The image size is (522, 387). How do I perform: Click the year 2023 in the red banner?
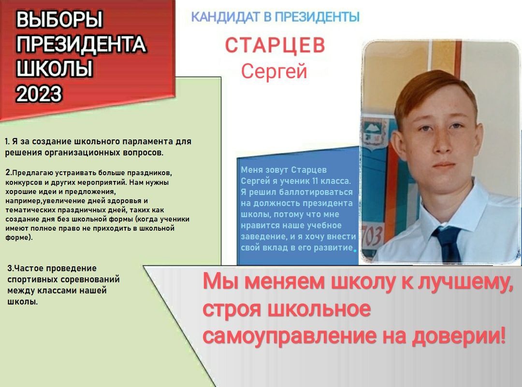[x=39, y=94]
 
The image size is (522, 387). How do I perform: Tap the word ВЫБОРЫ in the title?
[x=59, y=19]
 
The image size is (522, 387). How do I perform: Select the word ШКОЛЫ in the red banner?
[x=54, y=69]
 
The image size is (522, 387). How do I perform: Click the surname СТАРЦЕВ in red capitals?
[x=275, y=45]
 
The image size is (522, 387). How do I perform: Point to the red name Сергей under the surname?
[x=274, y=71]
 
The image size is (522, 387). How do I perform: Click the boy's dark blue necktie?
[x=448, y=244]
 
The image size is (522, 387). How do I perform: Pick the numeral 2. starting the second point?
[x=8, y=173]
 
